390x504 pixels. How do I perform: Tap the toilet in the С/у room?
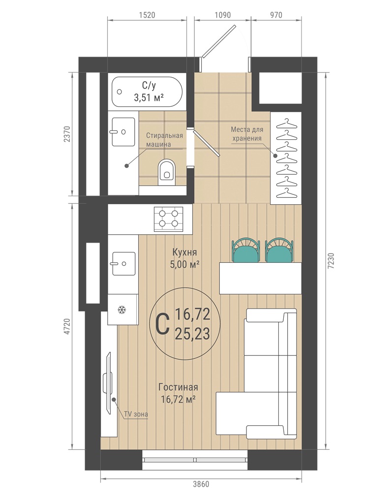(166, 172)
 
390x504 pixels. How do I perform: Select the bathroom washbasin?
(123, 131)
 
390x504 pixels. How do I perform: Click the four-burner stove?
(169, 219)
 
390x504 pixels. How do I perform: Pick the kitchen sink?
(123, 264)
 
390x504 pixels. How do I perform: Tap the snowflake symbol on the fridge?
(121, 310)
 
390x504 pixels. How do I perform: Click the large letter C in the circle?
(163, 325)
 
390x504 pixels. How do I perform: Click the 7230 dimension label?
(332, 261)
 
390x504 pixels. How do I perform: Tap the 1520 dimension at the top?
(147, 15)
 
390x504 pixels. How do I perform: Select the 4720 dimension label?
(67, 327)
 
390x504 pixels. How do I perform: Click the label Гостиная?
(179, 387)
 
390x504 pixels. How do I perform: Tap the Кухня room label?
(185, 252)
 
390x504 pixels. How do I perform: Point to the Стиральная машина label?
(164, 140)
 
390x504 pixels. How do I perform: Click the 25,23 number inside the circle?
(192, 334)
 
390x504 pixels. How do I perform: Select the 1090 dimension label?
(222, 15)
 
